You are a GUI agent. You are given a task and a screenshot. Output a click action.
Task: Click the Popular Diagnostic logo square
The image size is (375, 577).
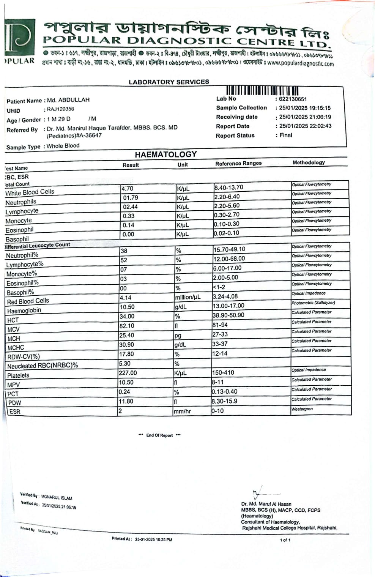(x=20, y=38)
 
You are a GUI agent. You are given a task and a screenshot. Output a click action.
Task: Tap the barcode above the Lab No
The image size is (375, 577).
(x=262, y=91)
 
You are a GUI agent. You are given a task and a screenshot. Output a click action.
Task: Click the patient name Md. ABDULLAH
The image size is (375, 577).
(x=68, y=100)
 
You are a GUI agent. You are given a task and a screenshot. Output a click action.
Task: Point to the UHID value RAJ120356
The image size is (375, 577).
(x=61, y=109)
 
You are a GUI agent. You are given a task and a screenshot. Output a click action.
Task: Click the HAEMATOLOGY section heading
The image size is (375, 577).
(x=166, y=154)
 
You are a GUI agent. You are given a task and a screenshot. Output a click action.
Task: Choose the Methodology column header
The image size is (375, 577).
(x=309, y=162)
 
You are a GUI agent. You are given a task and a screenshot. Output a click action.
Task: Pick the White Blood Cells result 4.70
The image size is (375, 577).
(x=128, y=188)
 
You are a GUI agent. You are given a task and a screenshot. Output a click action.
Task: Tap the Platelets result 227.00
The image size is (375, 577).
(x=128, y=373)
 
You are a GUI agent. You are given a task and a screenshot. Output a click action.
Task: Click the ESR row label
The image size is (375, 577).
(x=15, y=412)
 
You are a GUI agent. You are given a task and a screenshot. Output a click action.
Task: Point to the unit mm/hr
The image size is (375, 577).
(x=182, y=411)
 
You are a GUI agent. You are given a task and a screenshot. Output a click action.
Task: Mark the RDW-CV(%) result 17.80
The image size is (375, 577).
(x=127, y=354)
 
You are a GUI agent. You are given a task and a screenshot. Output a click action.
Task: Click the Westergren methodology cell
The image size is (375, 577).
(x=302, y=409)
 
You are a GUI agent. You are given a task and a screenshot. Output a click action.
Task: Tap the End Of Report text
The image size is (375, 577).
(x=159, y=435)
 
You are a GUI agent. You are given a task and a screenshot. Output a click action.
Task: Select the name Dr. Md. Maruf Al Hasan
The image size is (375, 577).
(x=266, y=504)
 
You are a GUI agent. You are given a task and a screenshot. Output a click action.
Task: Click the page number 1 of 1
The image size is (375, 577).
(x=285, y=540)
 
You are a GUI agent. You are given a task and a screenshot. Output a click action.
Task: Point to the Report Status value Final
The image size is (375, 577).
(x=286, y=135)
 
